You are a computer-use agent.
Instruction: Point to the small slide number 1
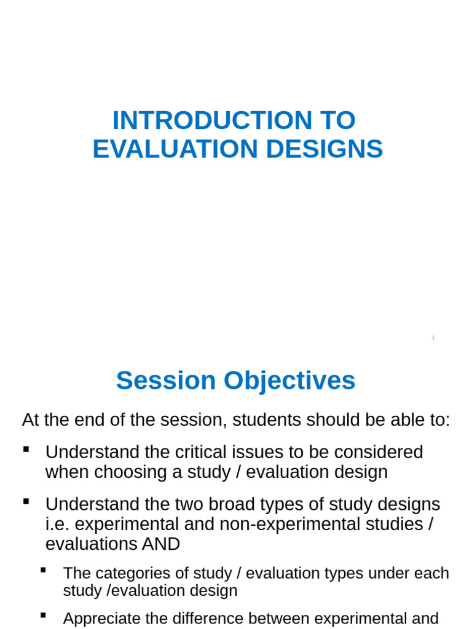433,338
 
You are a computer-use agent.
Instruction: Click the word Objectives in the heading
289,381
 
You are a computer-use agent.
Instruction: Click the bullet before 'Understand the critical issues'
26,450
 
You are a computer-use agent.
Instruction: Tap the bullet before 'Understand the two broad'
26,502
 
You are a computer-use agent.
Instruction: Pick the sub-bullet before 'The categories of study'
44,571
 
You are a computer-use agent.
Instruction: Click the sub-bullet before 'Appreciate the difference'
44,615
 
